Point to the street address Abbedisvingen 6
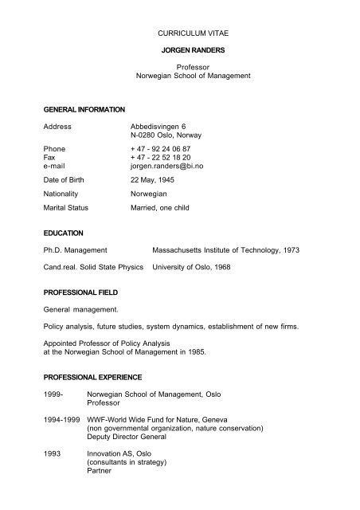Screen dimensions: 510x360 pos(159,126)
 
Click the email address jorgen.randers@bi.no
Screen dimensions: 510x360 pos(168,168)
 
